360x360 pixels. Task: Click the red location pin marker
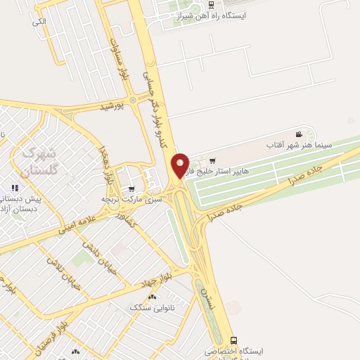181,166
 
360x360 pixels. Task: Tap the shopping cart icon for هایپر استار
212,161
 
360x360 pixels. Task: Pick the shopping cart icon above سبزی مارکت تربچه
131,189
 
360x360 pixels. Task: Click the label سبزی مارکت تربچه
133,200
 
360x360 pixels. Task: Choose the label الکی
39,22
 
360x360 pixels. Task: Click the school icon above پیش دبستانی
13,188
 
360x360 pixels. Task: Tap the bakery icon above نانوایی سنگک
152,297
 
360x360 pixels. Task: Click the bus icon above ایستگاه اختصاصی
234,340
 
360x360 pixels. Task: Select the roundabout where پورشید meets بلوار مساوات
133,101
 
